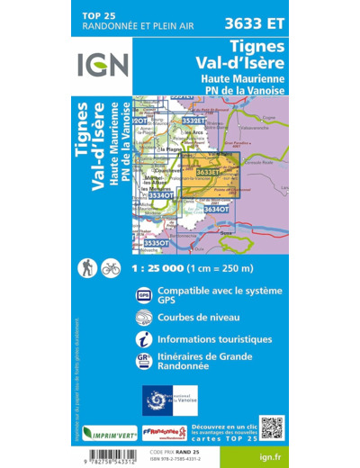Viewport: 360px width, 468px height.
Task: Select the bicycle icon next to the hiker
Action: (x=111, y=267)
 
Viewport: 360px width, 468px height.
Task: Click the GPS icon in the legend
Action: (x=144, y=296)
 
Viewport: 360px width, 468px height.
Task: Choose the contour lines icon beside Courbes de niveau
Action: (x=144, y=318)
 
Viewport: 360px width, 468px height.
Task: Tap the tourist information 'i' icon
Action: (x=144, y=339)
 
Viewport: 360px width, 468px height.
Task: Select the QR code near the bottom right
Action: (x=271, y=427)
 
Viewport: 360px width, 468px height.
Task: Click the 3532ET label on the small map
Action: (x=194, y=120)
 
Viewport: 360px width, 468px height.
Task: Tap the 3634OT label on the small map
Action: (x=215, y=209)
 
